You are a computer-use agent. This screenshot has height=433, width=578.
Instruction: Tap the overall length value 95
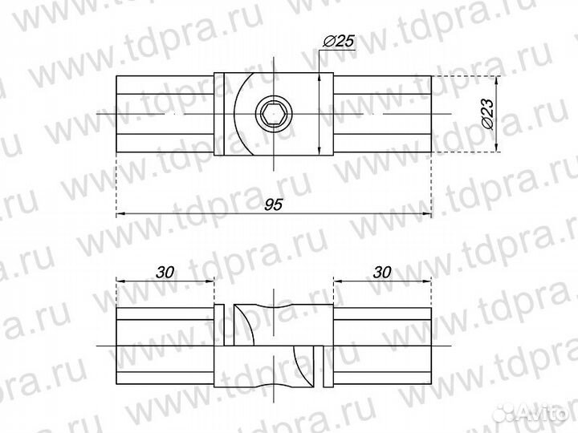point(273,205)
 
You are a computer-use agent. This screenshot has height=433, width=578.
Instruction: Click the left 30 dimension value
point(165,272)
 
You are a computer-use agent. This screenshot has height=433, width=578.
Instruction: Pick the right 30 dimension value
point(382,272)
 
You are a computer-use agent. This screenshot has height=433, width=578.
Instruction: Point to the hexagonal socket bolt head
point(273,115)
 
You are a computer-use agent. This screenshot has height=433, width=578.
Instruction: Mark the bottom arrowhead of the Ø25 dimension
point(321,151)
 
